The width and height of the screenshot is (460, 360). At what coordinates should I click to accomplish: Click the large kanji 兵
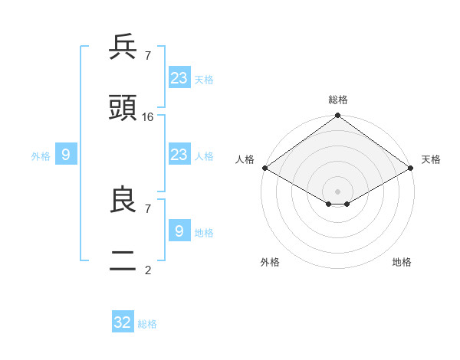[x=123, y=48]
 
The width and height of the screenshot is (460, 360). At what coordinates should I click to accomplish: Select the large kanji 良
[x=123, y=201]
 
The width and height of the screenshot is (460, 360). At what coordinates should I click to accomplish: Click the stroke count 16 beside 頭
[x=148, y=117]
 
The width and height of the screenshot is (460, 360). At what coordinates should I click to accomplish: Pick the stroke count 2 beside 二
[x=147, y=270]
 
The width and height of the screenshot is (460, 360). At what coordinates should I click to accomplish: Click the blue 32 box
[x=123, y=322]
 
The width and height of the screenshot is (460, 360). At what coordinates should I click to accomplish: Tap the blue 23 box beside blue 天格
[x=179, y=78]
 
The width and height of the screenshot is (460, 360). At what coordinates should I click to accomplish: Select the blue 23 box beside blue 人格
[x=179, y=155]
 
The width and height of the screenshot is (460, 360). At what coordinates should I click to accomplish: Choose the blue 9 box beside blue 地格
[x=179, y=231]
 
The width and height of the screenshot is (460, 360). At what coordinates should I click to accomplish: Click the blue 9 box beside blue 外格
[x=66, y=155]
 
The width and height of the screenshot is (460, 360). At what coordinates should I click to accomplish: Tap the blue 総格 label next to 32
[x=147, y=324]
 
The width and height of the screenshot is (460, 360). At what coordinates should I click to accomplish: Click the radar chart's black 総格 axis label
[x=338, y=100]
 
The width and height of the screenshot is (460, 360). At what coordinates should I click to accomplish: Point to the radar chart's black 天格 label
[x=432, y=159]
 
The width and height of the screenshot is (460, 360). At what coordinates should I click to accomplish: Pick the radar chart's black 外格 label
[x=270, y=262]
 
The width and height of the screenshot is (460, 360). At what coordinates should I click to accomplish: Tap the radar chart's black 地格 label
[x=402, y=262]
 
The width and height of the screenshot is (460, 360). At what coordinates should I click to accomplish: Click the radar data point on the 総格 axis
[x=338, y=116]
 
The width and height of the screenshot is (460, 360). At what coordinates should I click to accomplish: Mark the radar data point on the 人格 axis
[x=264, y=168]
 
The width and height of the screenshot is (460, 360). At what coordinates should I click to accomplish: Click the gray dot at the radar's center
[x=338, y=191]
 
